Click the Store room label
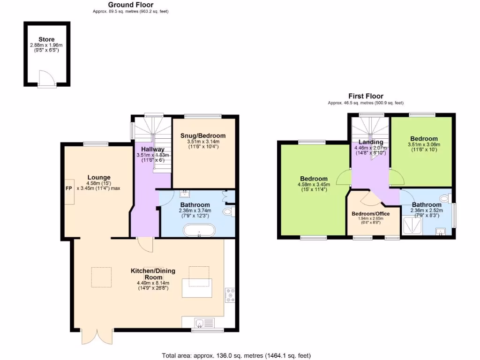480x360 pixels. click(46, 39)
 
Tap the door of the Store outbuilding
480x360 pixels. click(47, 78)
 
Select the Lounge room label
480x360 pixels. click(99, 177)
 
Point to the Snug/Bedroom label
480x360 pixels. click(203, 136)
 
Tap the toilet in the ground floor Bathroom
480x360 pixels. click(228, 212)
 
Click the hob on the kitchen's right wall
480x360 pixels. click(230, 295)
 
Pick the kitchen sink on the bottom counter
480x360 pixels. click(200, 322)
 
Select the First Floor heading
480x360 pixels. click(366, 96)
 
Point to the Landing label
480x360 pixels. click(371, 142)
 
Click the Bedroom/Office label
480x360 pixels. click(371, 214)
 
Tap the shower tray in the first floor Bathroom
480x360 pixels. click(413, 227)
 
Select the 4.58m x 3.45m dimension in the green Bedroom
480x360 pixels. click(314, 184)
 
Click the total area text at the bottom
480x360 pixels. click(236, 355)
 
